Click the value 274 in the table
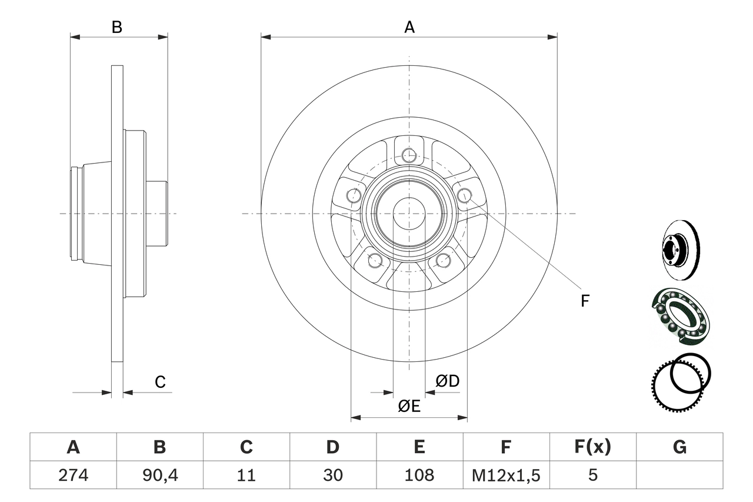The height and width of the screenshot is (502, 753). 73,475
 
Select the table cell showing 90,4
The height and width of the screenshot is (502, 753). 159,475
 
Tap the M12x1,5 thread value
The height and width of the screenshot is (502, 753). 506,475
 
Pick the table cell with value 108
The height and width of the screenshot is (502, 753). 419,475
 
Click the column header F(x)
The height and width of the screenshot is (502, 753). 592,447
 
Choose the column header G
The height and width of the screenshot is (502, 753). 679,447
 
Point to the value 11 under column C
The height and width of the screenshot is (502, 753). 246,475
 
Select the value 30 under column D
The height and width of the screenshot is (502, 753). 332,475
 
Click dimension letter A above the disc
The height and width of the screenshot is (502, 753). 409,26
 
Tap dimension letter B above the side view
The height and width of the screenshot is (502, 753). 117,26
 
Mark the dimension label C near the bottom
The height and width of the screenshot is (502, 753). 160,382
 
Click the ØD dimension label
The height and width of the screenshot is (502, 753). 447,381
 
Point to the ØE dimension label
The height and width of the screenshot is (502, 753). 409,406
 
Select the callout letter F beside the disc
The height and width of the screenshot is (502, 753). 584,301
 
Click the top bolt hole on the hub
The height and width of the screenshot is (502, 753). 409,155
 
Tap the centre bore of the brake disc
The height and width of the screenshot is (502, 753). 409,213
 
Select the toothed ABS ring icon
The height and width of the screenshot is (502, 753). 677,383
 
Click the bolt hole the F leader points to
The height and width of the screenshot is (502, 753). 464,195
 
